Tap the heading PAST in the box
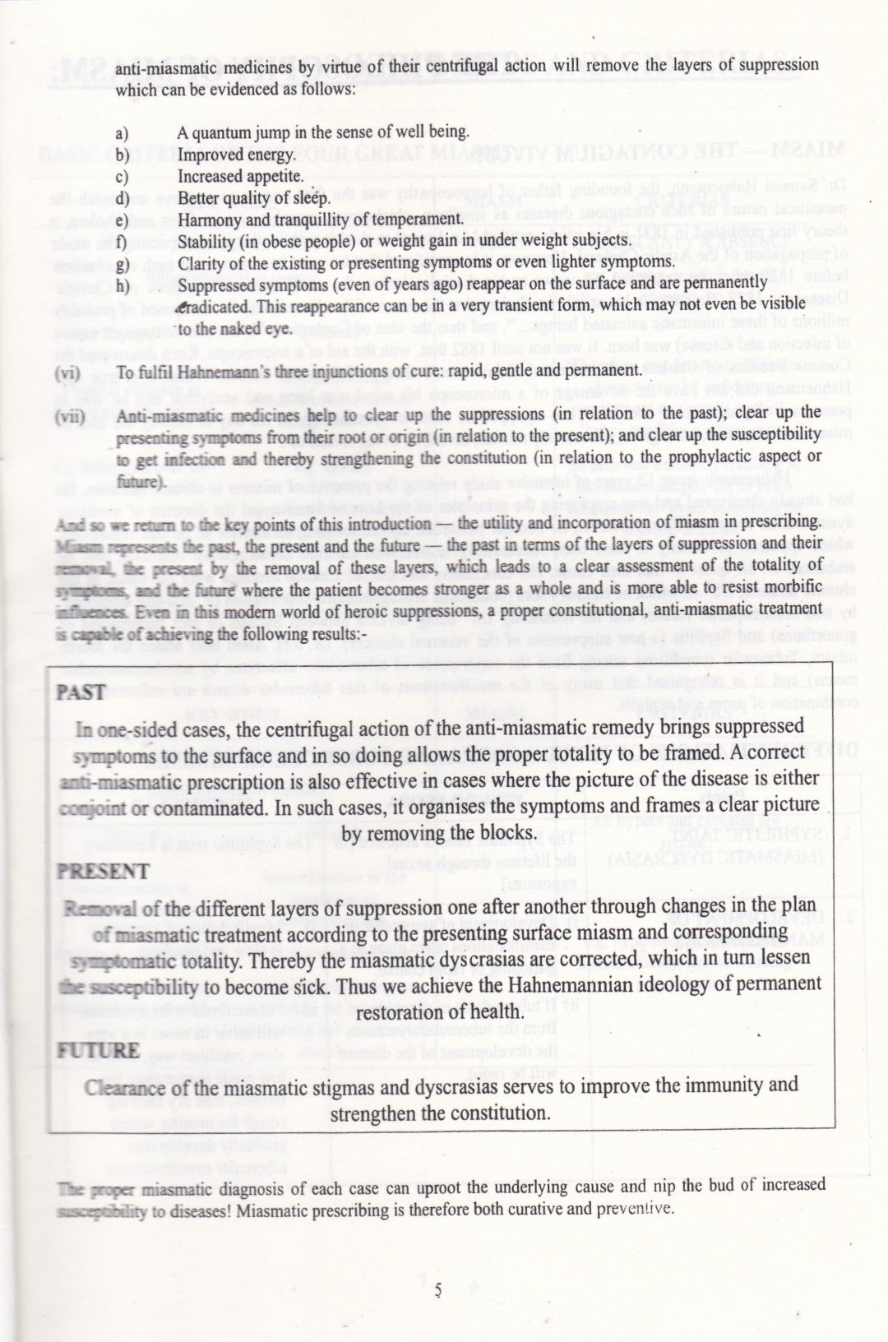click(x=81, y=692)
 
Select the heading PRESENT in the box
click(x=102, y=872)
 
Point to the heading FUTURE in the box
click(x=98, y=1050)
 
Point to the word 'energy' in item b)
click(x=271, y=155)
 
